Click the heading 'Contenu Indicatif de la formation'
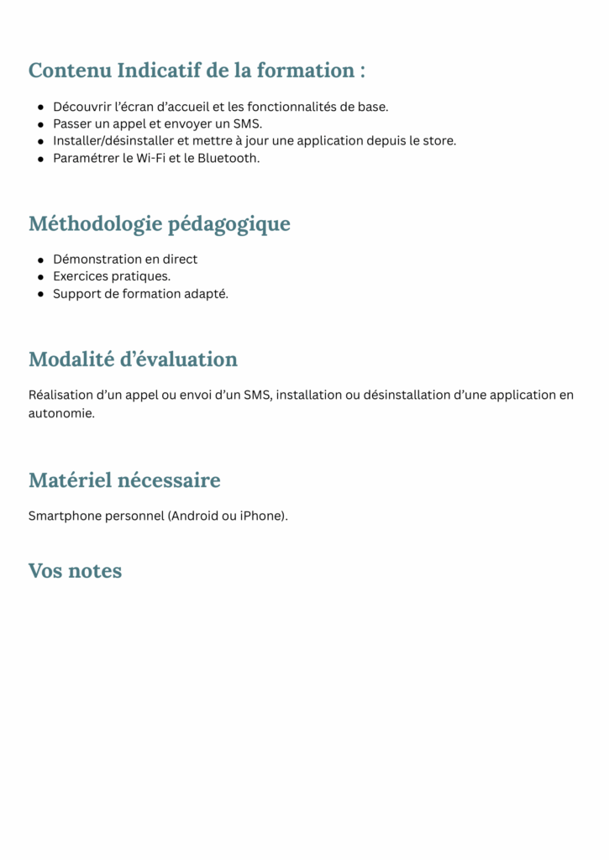[197, 71]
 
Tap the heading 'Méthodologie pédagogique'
[160, 224]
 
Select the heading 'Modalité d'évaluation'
[133, 359]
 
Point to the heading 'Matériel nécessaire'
[124, 480]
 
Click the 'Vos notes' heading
[75, 571]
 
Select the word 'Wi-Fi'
[153, 158]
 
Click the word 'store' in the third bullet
[437, 140]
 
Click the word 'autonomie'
[60, 413]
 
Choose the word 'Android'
[194, 516]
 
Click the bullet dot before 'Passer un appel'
[40, 124]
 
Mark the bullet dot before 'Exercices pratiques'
[40, 276]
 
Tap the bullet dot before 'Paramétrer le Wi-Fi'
[40, 158]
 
